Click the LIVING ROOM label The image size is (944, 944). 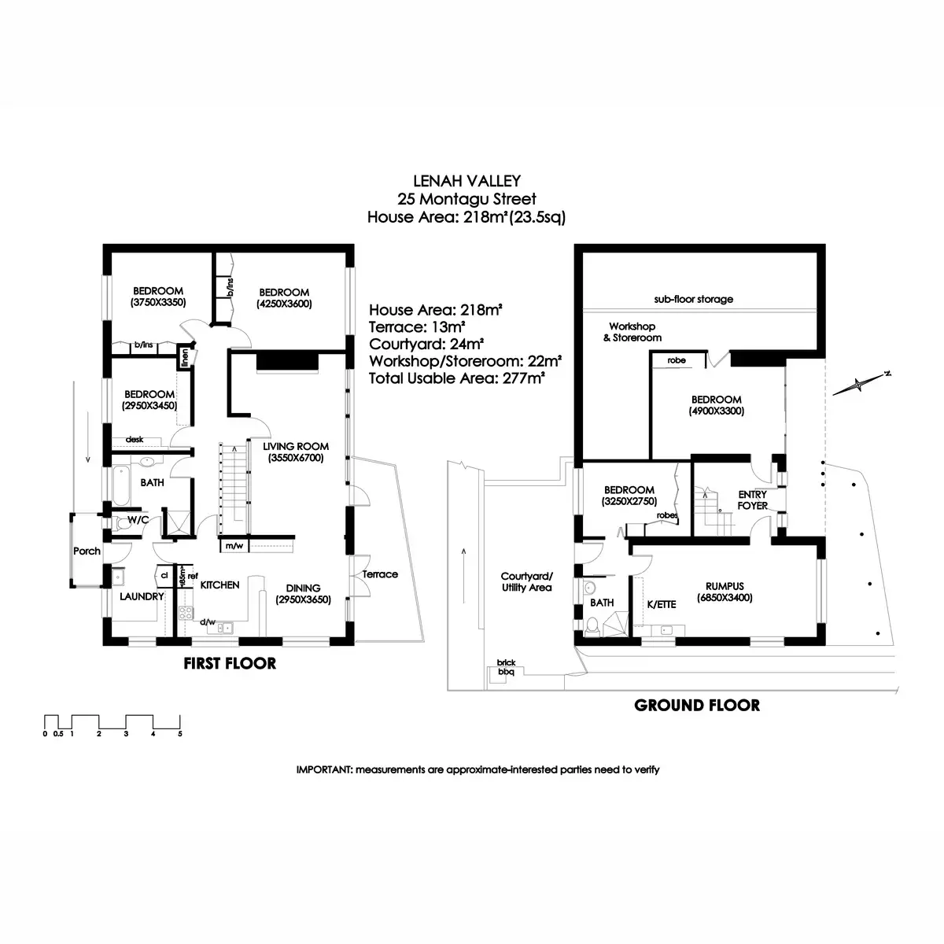coord(296,446)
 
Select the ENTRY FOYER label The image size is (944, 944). coord(752,500)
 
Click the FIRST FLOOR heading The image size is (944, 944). coord(230,663)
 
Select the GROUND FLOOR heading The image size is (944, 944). coord(697,706)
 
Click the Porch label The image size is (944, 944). coord(87,551)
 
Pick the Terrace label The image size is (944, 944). coord(380,574)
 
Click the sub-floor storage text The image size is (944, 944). coord(693,300)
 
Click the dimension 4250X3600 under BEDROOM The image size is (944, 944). coord(284,304)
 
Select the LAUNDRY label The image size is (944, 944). coord(142,596)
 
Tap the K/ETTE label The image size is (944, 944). coord(661,604)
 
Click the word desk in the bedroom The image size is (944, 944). coord(135,440)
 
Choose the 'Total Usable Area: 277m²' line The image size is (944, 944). coord(458,378)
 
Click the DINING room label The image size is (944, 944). coord(303,588)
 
